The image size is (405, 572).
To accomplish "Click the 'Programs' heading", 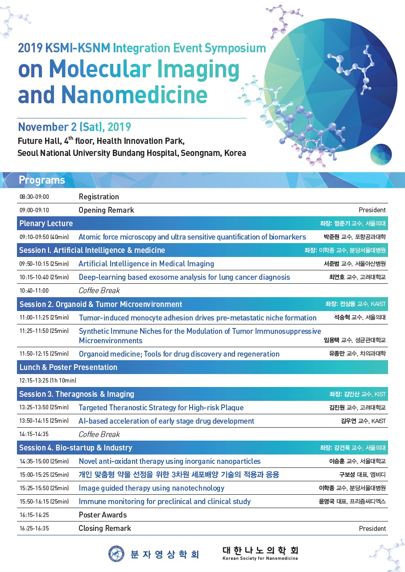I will tap(42, 180).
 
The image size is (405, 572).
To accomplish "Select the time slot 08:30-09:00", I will tap(34, 197).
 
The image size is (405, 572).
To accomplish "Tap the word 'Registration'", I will tap(99, 197).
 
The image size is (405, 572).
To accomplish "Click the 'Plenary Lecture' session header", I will tap(46, 223).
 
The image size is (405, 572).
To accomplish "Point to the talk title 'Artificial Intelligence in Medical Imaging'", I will tap(146, 264).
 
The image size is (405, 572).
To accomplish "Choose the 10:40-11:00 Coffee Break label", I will tap(99, 290).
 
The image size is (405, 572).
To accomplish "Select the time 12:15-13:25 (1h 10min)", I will tap(48, 381).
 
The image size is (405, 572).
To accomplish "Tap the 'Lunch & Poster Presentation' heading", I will tap(68, 367).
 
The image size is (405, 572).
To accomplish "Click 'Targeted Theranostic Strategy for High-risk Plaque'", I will tap(161, 408).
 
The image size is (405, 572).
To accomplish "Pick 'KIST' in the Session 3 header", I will tap(380, 395).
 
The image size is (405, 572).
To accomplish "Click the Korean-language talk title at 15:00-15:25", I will tap(179, 475).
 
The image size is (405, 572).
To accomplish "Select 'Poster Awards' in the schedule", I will tap(103, 515).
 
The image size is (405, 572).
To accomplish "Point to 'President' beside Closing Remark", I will tap(372, 529).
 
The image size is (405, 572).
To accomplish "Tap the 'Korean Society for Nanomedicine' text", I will tap(260, 559).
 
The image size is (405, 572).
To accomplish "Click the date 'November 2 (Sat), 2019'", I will tap(74, 127).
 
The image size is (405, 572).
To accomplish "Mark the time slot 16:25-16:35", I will tap(34, 528).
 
